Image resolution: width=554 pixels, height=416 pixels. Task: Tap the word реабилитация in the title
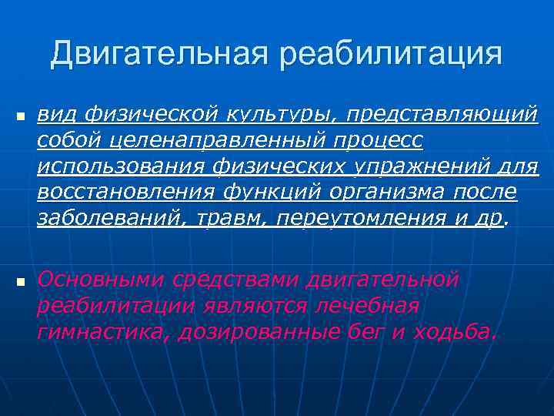[x=391, y=54]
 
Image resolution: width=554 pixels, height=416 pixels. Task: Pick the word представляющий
[x=442, y=116]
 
